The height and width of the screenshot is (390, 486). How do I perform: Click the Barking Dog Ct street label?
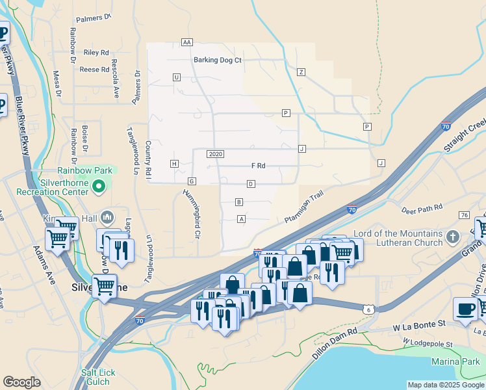point(217,60)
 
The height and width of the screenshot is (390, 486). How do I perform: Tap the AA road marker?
point(187,42)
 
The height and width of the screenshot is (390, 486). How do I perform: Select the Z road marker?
point(301,71)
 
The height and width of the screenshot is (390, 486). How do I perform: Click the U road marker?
point(176,77)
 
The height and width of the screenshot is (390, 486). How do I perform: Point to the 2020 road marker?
point(216,154)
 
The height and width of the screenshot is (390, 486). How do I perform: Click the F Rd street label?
point(259,166)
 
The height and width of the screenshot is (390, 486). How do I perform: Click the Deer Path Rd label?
point(422,209)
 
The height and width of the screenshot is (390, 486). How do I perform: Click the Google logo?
point(21,382)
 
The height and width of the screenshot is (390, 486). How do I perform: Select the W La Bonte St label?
point(417,323)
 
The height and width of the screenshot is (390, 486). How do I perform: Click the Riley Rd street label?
point(96,53)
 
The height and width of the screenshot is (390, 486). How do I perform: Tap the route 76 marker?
point(463,215)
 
